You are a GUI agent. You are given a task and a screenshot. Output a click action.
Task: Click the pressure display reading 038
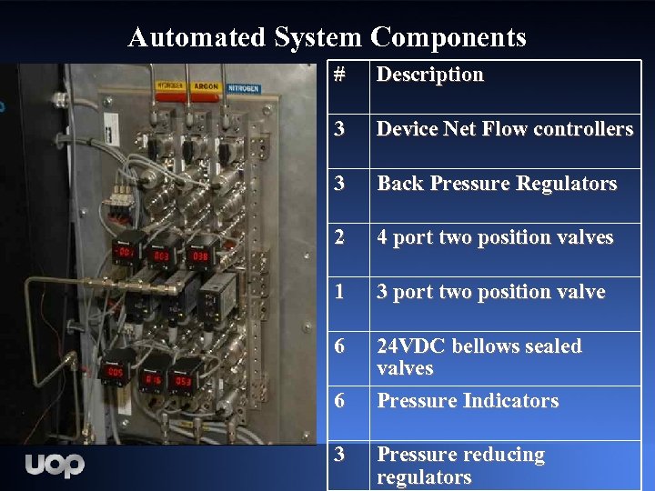(x=199, y=256)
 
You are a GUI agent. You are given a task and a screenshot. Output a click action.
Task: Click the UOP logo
(x=55, y=465)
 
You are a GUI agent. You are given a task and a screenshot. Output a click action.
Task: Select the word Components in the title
(x=448, y=37)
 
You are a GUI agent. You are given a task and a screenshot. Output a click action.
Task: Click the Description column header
(x=429, y=75)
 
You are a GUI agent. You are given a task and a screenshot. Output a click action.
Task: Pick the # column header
(x=339, y=75)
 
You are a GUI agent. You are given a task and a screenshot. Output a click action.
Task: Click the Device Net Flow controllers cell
(x=505, y=129)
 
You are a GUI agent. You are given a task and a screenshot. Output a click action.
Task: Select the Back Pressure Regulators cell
(x=497, y=184)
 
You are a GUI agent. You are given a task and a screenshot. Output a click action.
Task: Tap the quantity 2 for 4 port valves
(x=339, y=237)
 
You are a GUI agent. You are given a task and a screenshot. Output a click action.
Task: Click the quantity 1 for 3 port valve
(x=339, y=292)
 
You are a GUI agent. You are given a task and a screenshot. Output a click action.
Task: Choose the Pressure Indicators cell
(x=468, y=401)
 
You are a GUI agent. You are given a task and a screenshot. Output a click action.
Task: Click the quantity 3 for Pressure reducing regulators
(x=339, y=455)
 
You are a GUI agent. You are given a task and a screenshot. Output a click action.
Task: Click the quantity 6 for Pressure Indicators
(x=339, y=401)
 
